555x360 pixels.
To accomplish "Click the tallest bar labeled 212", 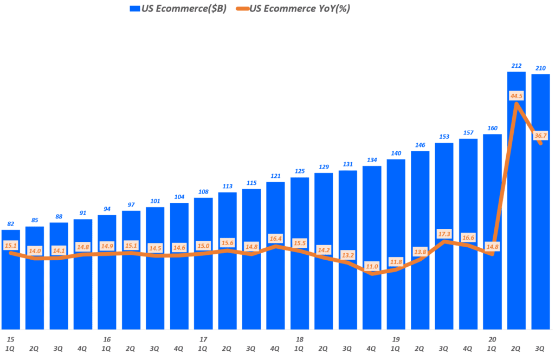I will (x=517, y=201).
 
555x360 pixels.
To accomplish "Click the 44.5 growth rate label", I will (x=517, y=96).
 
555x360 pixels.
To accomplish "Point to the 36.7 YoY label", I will (x=540, y=136).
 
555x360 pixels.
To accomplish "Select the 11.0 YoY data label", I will (x=372, y=266).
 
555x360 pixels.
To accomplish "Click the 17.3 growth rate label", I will (x=444, y=234).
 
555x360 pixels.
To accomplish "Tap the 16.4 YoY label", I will (x=275, y=238).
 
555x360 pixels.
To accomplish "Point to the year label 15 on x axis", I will (x=10, y=339).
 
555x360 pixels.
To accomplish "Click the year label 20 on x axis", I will (x=492, y=339).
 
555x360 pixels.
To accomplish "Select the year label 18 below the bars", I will (x=299, y=339).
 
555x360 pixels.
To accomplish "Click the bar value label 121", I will (x=275, y=176).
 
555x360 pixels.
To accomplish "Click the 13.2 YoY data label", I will (x=347, y=255).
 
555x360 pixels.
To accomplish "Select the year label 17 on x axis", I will (x=203, y=339).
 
